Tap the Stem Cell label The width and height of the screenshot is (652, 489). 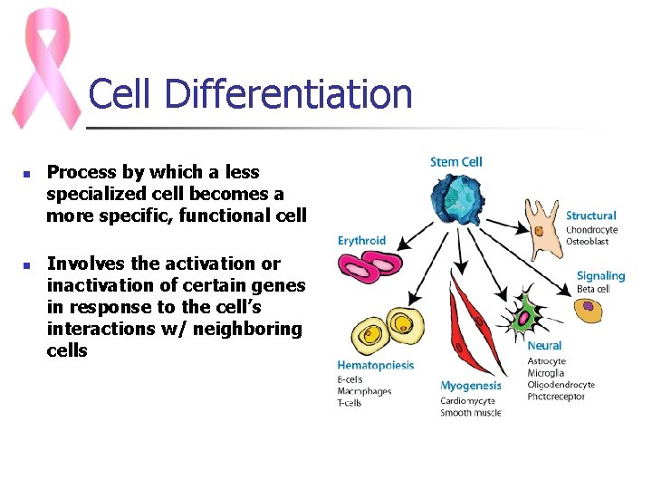coord(456,162)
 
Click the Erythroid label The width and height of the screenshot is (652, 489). coord(361,241)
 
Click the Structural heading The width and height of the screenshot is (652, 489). coord(590,216)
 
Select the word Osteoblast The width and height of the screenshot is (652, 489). coord(587,242)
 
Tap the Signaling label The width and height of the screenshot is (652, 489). coord(600,275)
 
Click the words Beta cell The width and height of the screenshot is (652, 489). coord(593,289)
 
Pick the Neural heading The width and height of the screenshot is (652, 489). coord(544,346)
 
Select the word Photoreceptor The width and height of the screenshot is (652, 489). coord(556,397)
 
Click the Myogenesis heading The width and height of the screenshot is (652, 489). coord(471,386)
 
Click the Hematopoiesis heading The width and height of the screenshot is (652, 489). coord(375,366)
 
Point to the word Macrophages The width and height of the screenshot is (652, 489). coord(364,390)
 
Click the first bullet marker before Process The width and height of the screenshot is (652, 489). coord(27,173)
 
